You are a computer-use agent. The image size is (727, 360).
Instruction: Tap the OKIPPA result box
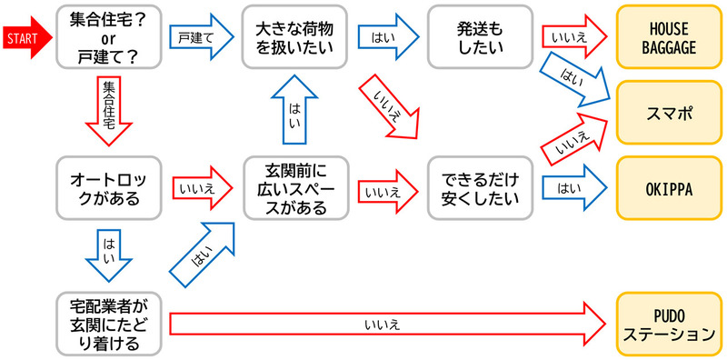pyautogui.click(x=668, y=189)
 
